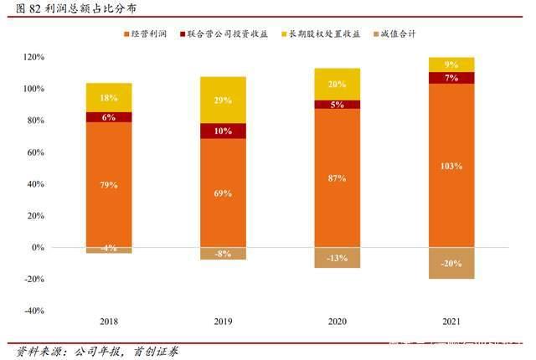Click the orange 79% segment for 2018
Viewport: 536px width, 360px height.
click(x=109, y=184)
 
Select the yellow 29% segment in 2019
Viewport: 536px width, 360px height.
click(x=222, y=100)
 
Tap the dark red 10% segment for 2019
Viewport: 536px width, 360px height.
click(x=222, y=131)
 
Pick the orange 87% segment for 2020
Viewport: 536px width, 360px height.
click(x=337, y=177)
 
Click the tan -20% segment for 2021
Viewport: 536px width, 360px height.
click(x=451, y=263)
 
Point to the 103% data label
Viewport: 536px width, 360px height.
click(x=451, y=166)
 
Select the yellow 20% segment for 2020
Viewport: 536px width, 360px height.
click(x=337, y=84)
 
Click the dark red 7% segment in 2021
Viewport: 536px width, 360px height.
click(x=451, y=78)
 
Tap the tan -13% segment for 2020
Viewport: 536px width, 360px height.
click(x=337, y=258)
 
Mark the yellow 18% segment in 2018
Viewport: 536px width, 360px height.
click(x=109, y=97)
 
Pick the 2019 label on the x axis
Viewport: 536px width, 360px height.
click(x=222, y=321)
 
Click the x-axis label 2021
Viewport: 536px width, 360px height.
click(x=451, y=321)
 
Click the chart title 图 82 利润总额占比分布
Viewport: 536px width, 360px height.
click(x=70, y=8)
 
